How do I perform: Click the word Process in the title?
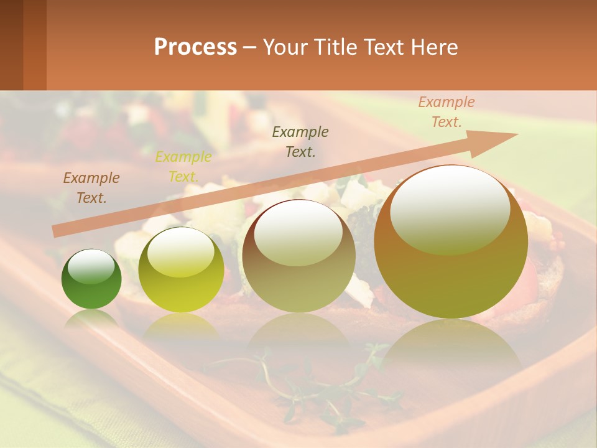coord(195,47)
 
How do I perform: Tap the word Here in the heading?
coord(435,47)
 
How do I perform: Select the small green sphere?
coord(91,279)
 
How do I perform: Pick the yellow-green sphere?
coord(181,270)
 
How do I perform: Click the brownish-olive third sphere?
coord(298,256)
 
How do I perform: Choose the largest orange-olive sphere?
coord(451,242)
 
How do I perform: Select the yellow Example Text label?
coord(183,167)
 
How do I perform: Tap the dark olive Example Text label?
coord(300,141)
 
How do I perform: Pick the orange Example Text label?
coord(447,112)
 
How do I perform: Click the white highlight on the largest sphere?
coord(450,208)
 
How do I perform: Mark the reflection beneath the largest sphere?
coord(451,348)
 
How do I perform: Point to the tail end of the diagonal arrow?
coord(57,231)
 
